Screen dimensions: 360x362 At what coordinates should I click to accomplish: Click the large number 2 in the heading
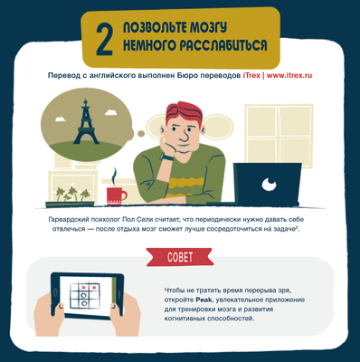[x=105, y=40]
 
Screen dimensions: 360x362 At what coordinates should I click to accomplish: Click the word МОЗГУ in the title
[x=208, y=28]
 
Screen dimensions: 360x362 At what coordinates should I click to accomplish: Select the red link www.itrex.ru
[x=289, y=75]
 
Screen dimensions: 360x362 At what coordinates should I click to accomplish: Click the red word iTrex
[x=251, y=75]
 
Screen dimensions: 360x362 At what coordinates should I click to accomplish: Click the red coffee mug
[x=117, y=195]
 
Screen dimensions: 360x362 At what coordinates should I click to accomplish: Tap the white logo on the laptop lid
[x=269, y=185]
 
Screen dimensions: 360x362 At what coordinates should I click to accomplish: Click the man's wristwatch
[x=166, y=157]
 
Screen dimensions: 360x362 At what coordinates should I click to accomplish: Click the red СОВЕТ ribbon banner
[x=180, y=257]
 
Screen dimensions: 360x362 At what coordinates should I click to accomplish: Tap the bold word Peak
[x=203, y=300]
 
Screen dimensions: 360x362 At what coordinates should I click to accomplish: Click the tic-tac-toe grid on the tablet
[x=85, y=296]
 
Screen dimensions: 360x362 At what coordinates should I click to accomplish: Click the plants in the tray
[x=72, y=194]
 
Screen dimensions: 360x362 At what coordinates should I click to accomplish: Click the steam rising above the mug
[x=114, y=176]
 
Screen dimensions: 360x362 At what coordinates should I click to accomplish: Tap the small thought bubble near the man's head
[x=140, y=133]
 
